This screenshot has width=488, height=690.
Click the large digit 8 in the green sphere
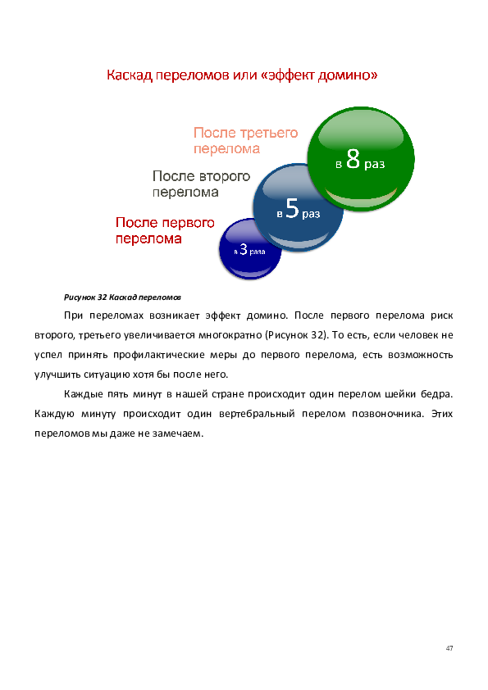click(x=353, y=159)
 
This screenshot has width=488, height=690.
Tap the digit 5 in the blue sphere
click(x=293, y=208)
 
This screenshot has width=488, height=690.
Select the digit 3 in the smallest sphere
click(x=243, y=249)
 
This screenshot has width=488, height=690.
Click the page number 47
click(x=449, y=647)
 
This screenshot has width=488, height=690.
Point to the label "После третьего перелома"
click(x=246, y=140)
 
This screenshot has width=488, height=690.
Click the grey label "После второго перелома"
click(x=201, y=184)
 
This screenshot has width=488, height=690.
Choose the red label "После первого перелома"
click(x=165, y=230)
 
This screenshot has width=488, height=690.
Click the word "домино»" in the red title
click(x=348, y=75)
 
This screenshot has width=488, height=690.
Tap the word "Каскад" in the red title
click(x=130, y=75)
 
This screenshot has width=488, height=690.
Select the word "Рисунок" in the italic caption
click(x=80, y=297)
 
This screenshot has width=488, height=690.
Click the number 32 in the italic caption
click(x=103, y=297)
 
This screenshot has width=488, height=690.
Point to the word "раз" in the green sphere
click(x=374, y=165)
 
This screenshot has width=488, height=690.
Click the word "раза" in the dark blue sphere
click(x=258, y=252)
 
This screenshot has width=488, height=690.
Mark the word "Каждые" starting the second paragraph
click(x=83, y=394)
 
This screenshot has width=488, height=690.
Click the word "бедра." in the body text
click(x=437, y=394)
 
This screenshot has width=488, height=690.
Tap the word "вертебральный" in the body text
click(x=257, y=414)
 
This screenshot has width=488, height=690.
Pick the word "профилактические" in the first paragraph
click(x=159, y=355)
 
